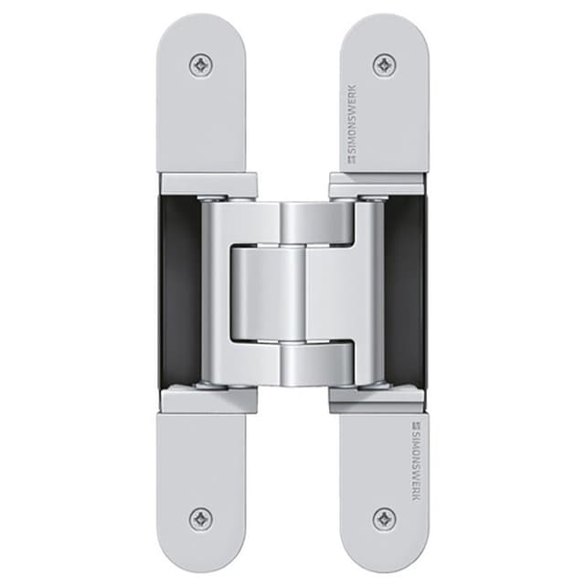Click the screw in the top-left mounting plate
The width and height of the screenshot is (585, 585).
201,65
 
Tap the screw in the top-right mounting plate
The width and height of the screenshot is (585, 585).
384,65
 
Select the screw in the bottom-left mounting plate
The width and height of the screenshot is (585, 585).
201,519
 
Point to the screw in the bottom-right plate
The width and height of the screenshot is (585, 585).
384,519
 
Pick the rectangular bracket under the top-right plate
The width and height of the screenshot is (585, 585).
377,184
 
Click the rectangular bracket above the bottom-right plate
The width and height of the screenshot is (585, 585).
377,399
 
